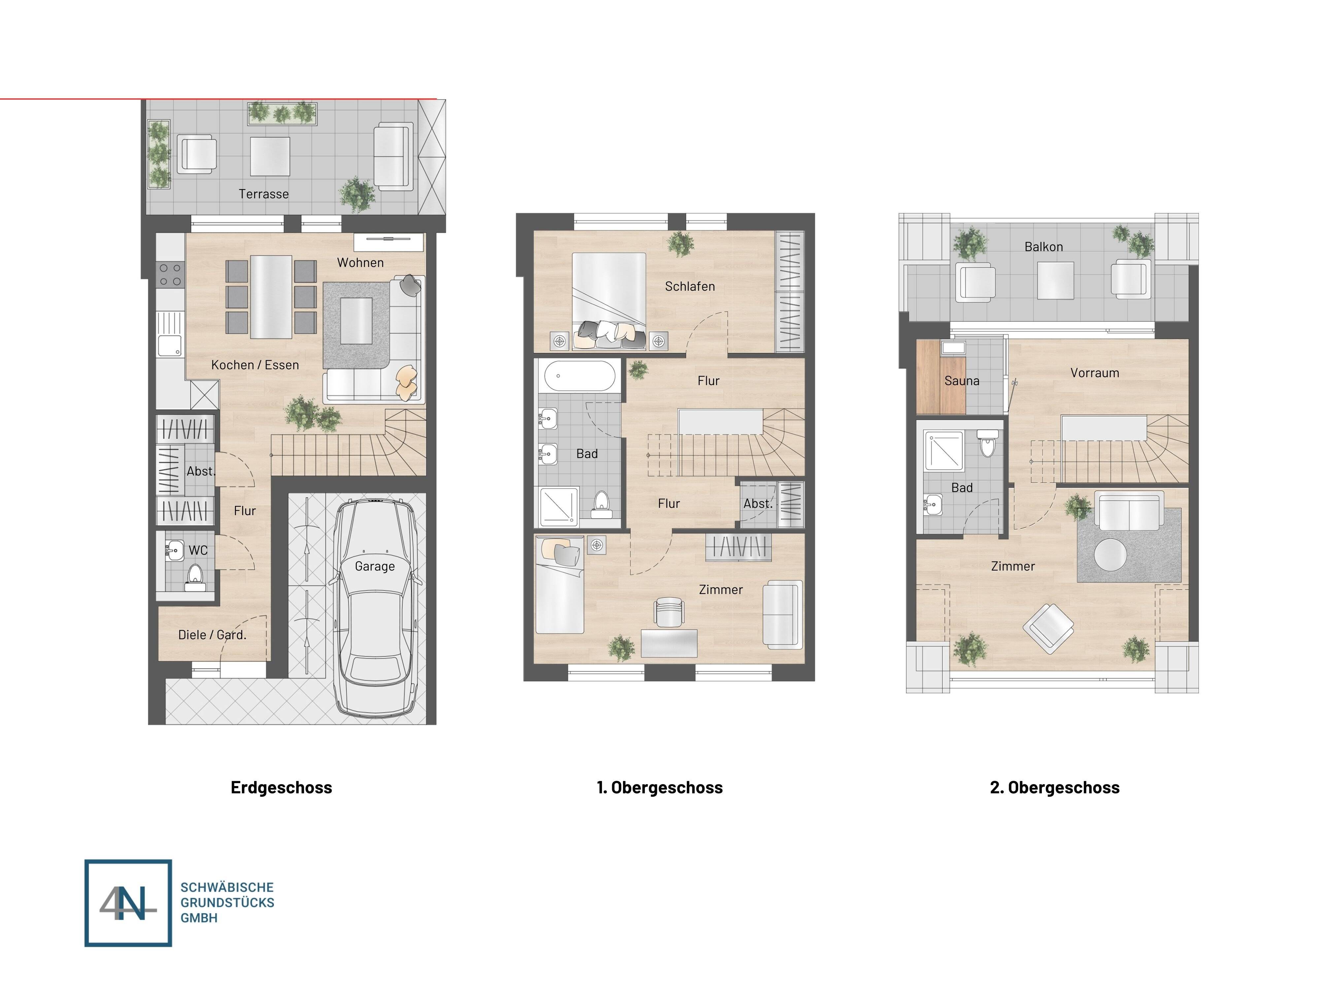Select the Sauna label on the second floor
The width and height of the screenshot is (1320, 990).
pyautogui.click(x=961, y=381)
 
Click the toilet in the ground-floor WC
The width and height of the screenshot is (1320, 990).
pyautogui.click(x=195, y=577)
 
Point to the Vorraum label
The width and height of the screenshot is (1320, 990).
pyautogui.click(x=1094, y=373)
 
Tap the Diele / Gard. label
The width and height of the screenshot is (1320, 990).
pyautogui.click(x=212, y=635)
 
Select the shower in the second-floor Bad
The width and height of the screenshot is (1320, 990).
pyautogui.click(x=943, y=449)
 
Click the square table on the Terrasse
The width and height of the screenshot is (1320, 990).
pyautogui.click(x=270, y=156)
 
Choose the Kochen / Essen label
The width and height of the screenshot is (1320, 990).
pyautogui.click(x=255, y=365)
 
